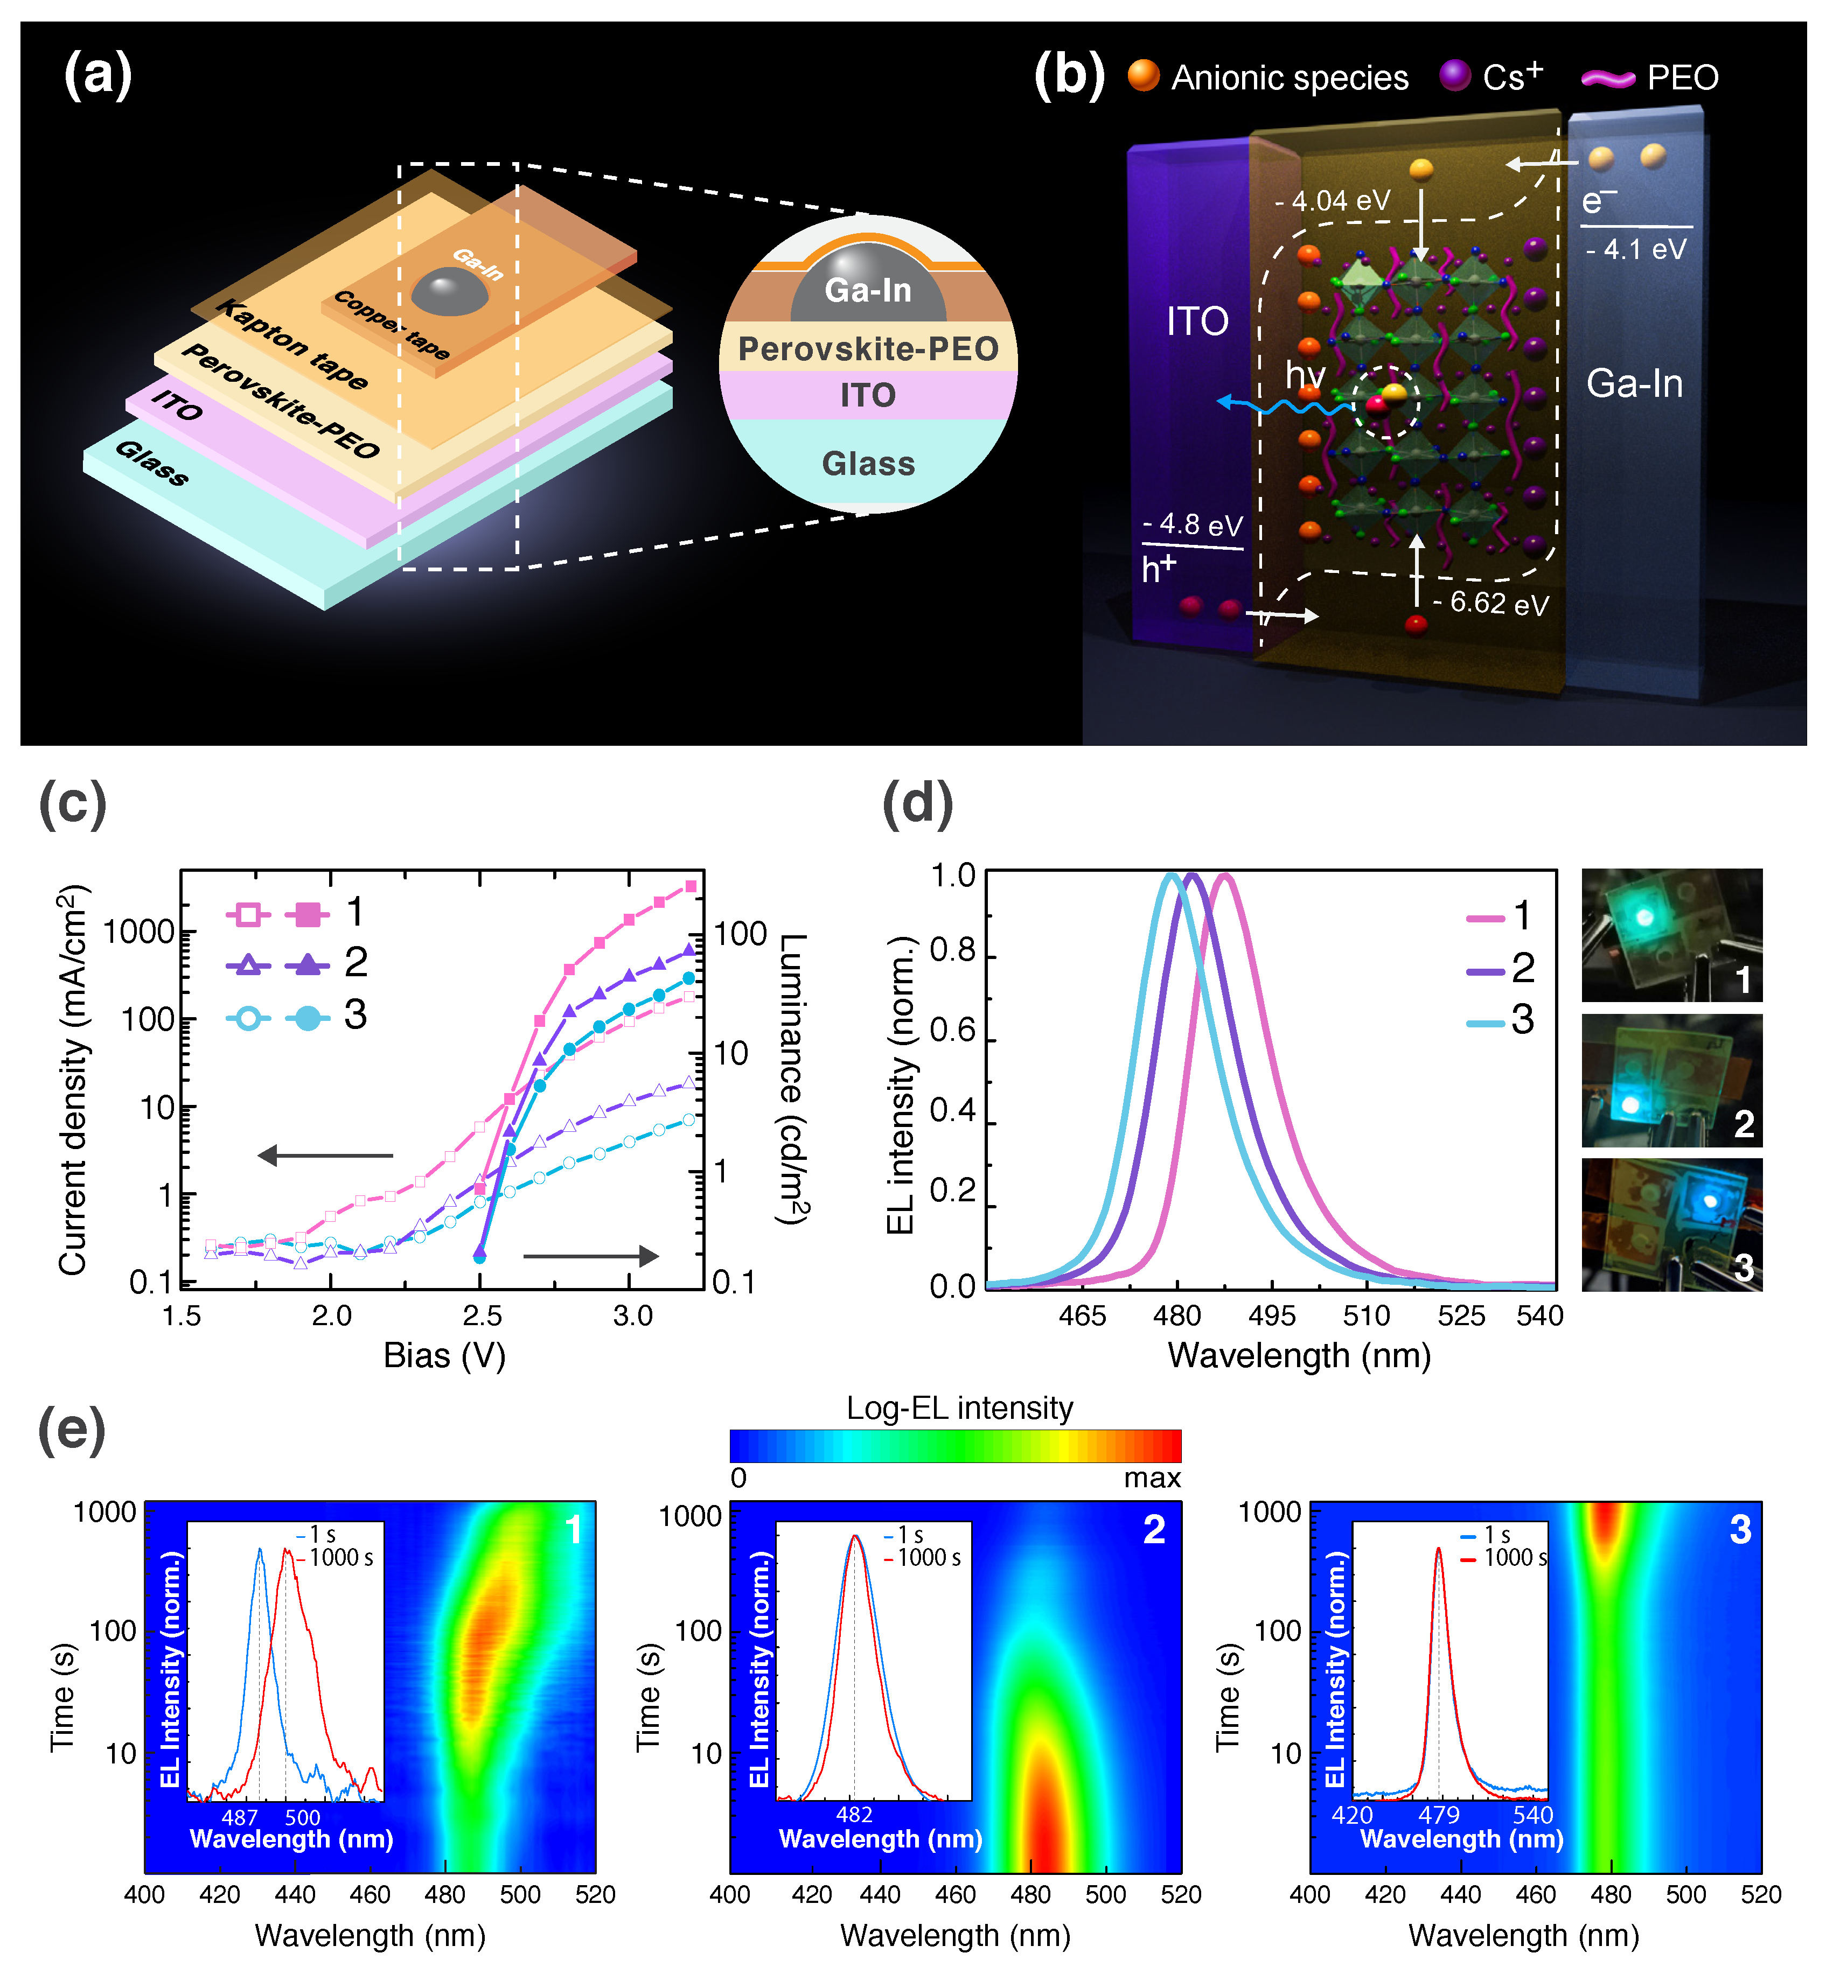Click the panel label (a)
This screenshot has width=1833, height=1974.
tap(97, 75)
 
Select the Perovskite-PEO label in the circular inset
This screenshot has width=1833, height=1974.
tap(868, 349)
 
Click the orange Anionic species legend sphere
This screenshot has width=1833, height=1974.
tap(1144, 75)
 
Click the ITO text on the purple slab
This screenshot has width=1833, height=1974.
tap(1197, 322)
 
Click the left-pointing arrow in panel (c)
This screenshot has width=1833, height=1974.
tap(325, 1155)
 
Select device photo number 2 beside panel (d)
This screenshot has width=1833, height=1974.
tap(1671, 1081)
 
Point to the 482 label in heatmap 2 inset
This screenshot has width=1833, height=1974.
tap(854, 1815)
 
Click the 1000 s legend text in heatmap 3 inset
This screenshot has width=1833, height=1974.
tap(1515, 1558)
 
